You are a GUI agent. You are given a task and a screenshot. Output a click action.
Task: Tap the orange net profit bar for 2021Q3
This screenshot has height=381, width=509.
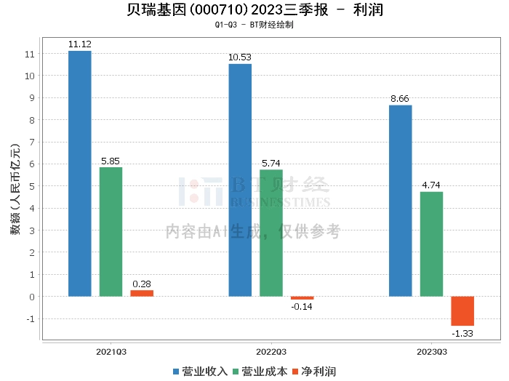(142, 293)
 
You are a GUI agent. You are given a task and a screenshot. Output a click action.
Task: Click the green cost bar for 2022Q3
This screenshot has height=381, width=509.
(271, 233)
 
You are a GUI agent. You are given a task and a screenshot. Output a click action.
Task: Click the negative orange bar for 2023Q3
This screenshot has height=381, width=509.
(462, 310)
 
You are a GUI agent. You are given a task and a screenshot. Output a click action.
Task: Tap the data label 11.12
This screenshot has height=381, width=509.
(79, 44)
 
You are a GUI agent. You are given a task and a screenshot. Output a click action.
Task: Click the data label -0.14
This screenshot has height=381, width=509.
(302, 307)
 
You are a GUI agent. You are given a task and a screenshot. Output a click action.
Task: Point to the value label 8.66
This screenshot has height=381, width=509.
(401, 98)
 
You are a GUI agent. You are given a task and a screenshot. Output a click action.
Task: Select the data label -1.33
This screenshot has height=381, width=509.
(462, 333)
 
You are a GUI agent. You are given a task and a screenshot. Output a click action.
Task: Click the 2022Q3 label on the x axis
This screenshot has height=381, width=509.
(271, 351)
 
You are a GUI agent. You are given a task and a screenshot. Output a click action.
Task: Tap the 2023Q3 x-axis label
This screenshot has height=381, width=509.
(431, 351)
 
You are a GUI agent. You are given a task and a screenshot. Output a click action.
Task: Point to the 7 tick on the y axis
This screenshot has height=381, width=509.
(31, 142)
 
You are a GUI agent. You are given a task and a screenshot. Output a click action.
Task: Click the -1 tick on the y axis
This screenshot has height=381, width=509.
(29, 318)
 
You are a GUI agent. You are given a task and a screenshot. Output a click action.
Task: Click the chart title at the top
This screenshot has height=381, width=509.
(254, 10)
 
